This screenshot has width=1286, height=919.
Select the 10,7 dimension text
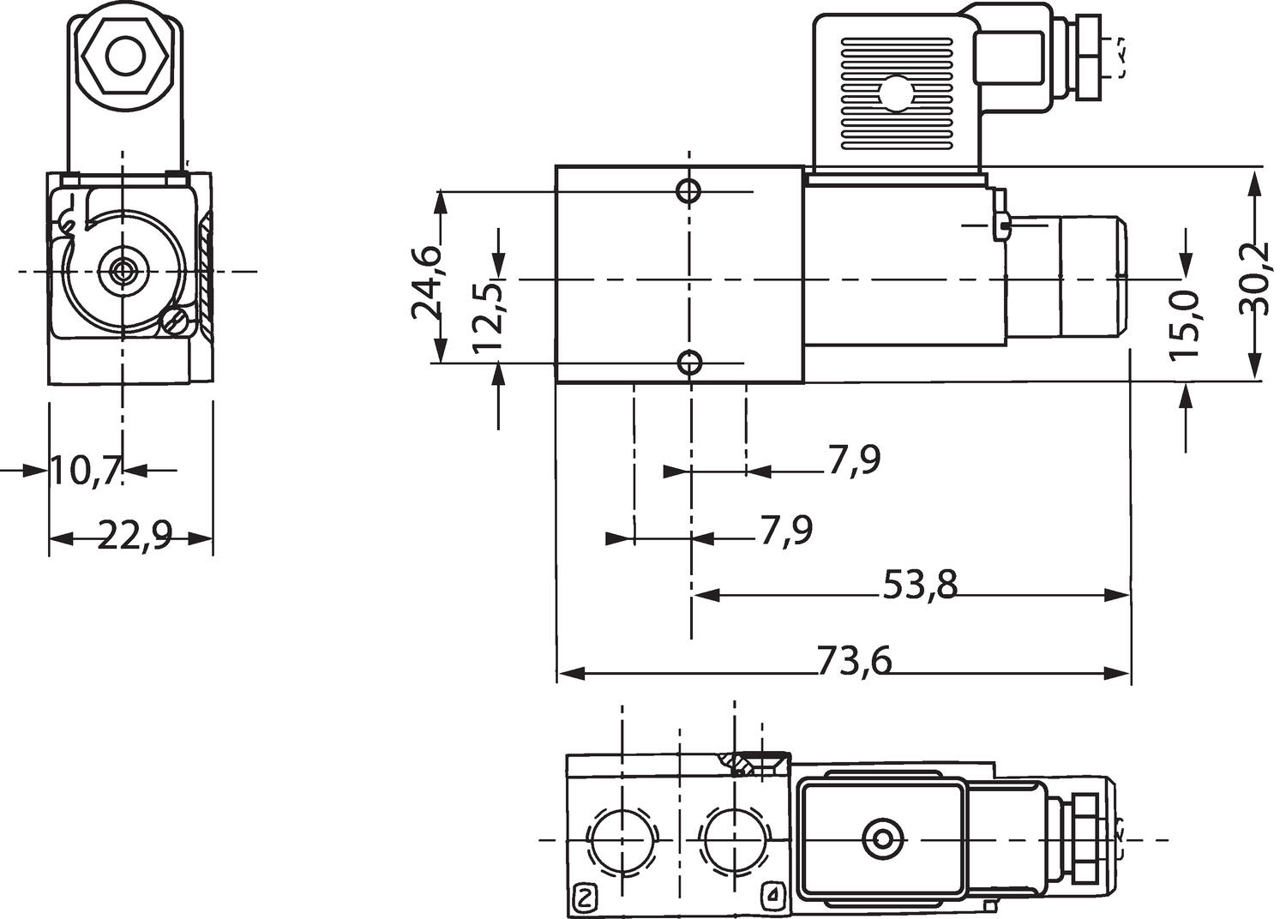pyautogui.click(x=84, y=471)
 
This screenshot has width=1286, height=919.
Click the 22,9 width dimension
pyautogui.click(x=135, y=538)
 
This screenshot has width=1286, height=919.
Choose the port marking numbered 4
pyautogui.click(x=773, y=898)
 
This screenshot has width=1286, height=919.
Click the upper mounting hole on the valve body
pyautogui.click(x=688, y=190)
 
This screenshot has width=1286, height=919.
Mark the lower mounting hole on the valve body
pyautogui.click(x=689, y=363)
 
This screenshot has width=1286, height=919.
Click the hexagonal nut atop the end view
pyautogui.click(x=125, y=57)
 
